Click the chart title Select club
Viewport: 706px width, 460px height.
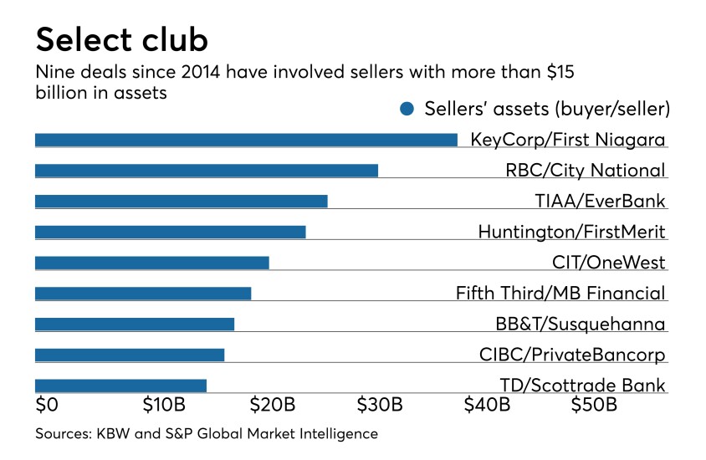point(122,39)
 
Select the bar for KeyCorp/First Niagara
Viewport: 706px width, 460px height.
point(246,140)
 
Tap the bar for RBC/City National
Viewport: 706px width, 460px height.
point(207,171)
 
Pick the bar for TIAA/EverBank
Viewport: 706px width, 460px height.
point(182,201)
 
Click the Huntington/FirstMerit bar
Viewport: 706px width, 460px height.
point(171,232)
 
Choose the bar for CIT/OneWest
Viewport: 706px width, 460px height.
point(152,263)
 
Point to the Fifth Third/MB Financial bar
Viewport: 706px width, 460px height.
point(143,294)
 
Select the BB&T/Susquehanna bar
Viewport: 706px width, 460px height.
point(135,324)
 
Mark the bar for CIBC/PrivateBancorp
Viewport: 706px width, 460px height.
point(130,355)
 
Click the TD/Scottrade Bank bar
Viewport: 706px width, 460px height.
point(120,386)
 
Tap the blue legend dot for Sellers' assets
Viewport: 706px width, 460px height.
point(407,109)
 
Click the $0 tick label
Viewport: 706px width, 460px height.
point(47,406)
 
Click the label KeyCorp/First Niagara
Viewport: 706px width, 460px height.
point(568,140)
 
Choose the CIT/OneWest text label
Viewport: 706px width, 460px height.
point(609,263)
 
